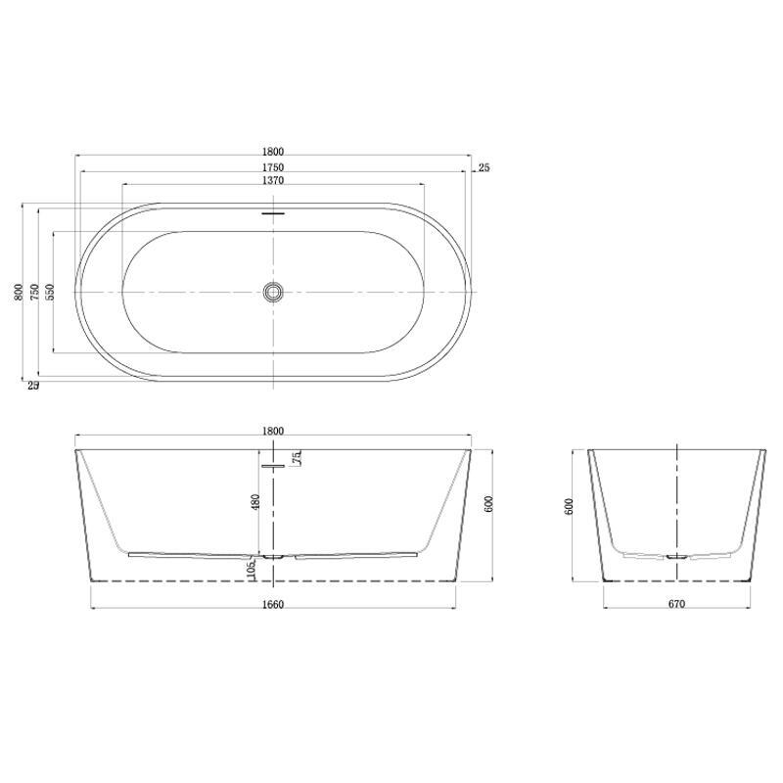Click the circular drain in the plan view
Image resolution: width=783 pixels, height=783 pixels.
[273, 292]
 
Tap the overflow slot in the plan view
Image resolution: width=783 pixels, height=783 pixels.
[273, 213]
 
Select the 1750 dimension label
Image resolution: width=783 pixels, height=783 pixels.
[273, 167]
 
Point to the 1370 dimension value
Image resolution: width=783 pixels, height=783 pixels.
[273, 180]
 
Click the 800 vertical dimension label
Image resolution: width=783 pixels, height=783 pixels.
[19, 292]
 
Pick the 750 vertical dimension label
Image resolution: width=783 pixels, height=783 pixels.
[34, 292]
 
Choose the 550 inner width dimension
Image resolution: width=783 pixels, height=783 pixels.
[50, 292]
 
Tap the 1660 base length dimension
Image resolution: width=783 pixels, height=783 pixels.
[273, 605]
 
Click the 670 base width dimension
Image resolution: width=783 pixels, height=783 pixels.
[676, 604]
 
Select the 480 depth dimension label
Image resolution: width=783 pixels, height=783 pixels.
[255, 502]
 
